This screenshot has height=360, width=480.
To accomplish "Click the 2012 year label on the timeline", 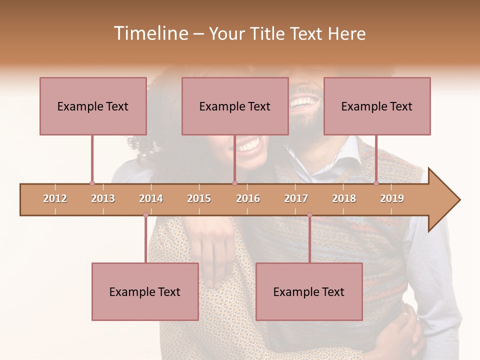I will coord(55,198).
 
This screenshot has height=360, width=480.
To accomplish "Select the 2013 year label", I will coord(103,198).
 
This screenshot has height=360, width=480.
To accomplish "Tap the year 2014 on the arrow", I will coord(151,198).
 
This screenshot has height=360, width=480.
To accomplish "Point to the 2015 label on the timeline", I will coord(199,198).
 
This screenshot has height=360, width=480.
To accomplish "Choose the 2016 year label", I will coord(248,198).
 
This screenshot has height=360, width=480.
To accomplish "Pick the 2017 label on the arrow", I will coord(296,198).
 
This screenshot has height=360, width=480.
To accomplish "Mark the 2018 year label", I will coord(344,198).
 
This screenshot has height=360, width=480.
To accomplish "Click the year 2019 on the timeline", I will coord(392,198).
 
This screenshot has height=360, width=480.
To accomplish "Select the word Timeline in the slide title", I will coord(149,33).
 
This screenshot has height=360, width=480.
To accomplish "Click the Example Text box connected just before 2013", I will coord(93,106).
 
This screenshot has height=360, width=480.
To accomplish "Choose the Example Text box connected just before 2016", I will coord(235,106).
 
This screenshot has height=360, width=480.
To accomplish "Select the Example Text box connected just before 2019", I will coord(377,106).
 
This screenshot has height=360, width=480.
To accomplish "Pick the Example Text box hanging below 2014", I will coord(145,291).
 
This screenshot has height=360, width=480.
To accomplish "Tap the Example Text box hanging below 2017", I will coord(309,291).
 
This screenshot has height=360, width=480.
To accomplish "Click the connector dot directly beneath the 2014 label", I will coord(145,215).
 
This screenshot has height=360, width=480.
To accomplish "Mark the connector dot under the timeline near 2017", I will coord(309,215).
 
